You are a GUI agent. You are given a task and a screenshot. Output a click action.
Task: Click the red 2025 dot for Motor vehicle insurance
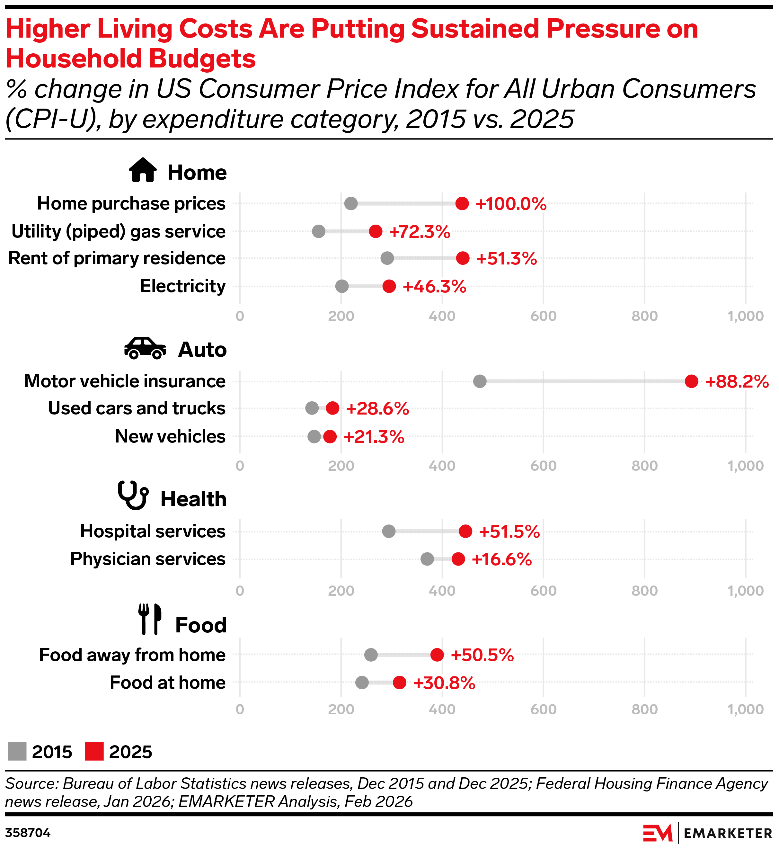coord(691,381)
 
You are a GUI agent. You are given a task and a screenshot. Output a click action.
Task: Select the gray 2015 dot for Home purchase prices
coord(351,204)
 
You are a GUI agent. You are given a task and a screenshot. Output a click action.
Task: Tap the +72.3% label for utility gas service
coord(420,232)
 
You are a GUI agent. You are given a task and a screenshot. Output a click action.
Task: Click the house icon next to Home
coord(143,170)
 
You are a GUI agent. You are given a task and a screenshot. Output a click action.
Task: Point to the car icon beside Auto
coord(145,348)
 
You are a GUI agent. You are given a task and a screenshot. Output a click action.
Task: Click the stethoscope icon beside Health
coord(133,496)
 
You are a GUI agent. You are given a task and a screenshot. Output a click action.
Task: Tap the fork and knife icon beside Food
coord(150,619)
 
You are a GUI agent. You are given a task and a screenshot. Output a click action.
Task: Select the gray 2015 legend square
coord(17,751)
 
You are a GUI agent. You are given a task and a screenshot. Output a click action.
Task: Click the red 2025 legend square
coord(94,751)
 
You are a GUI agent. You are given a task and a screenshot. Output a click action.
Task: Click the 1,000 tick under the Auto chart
coord(745,466)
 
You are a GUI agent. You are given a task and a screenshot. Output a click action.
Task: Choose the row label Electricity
coord(182,286)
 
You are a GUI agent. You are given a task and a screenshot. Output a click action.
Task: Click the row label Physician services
coord(147,559)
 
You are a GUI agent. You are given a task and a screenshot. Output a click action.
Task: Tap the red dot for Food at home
coord(399,683)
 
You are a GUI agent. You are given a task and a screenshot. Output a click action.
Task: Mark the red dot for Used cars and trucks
coord(332,408)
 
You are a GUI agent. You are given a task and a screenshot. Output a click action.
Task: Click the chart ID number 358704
coord(28,833)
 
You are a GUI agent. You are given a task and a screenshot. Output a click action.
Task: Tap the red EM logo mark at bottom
coord(658,833)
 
